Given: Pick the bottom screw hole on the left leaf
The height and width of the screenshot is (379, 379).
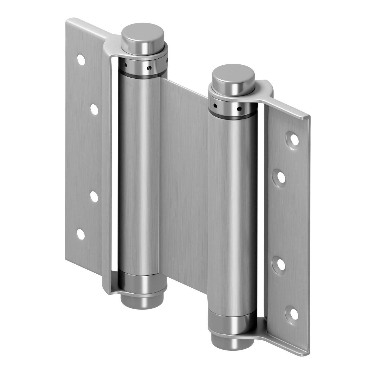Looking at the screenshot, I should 81,234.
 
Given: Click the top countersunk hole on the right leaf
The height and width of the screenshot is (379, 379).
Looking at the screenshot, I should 294,138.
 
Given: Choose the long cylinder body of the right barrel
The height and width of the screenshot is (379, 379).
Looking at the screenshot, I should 232,215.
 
